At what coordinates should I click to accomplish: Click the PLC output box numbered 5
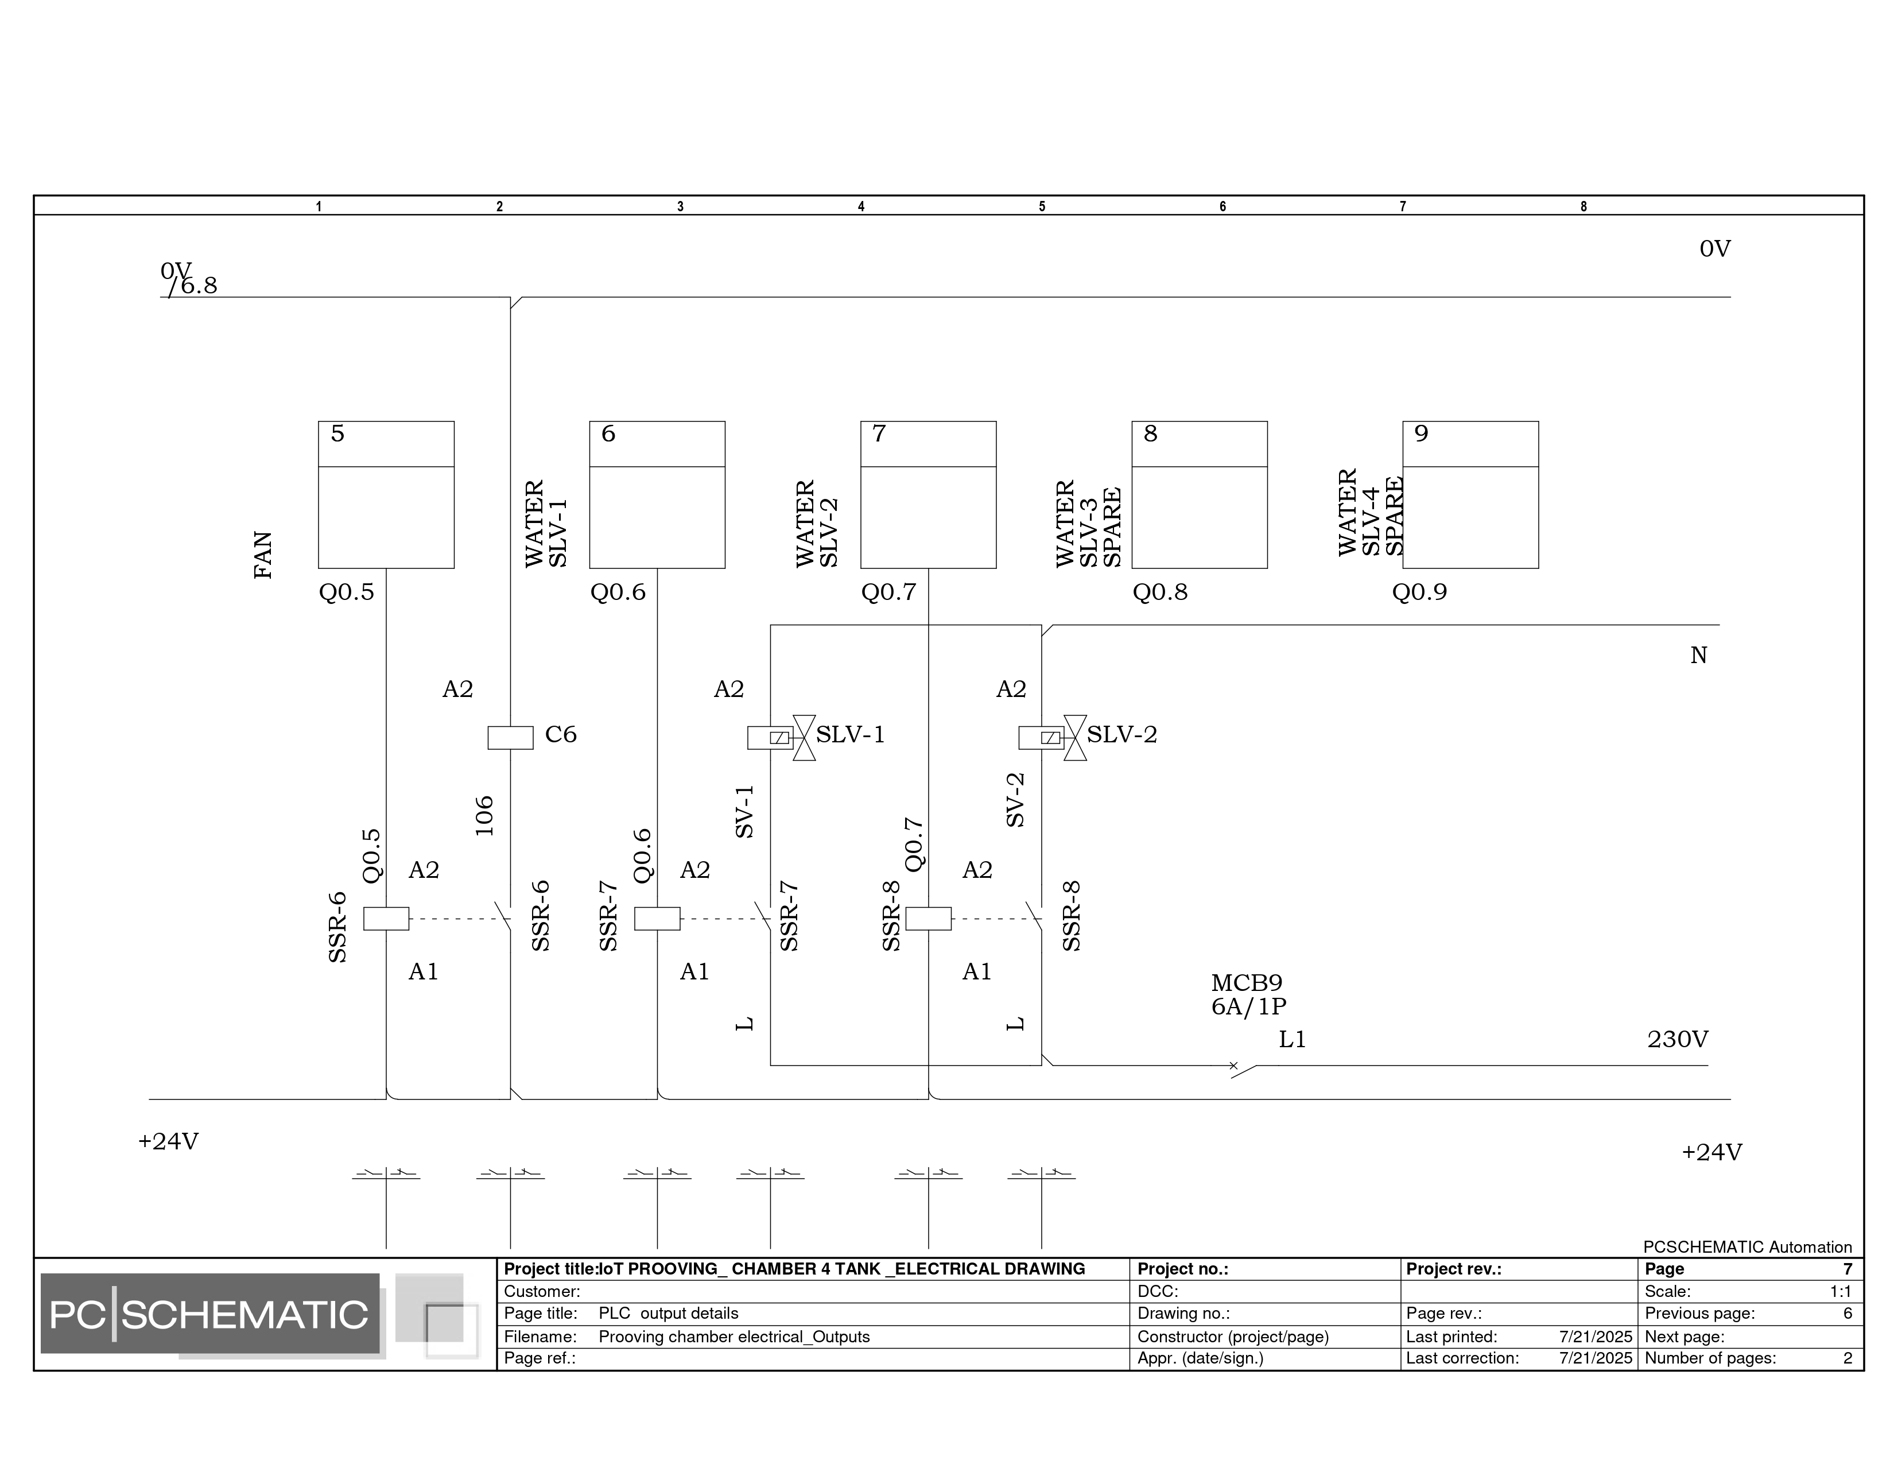(386, 494)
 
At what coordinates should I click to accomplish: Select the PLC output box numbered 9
(1470, 494)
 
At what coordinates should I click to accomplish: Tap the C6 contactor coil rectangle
(510, 737)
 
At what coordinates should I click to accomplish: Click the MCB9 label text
(1246, 983)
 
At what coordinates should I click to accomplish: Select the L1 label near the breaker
(1292, 1039)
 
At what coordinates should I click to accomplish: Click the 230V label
(1677, 1039)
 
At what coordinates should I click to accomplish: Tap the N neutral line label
(1698, 656)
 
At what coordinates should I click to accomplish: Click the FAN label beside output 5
(263, 555)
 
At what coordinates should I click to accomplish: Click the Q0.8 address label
(1159, 592)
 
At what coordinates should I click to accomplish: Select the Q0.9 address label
(1419, 592)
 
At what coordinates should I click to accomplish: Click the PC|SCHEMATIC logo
(210, 1315)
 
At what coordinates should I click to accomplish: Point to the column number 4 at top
(861, 207)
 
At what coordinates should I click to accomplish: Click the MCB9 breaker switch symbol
(1242, 1068)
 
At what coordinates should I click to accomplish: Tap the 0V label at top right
(1714, 249)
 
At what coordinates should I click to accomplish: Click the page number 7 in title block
(1847, 1269)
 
